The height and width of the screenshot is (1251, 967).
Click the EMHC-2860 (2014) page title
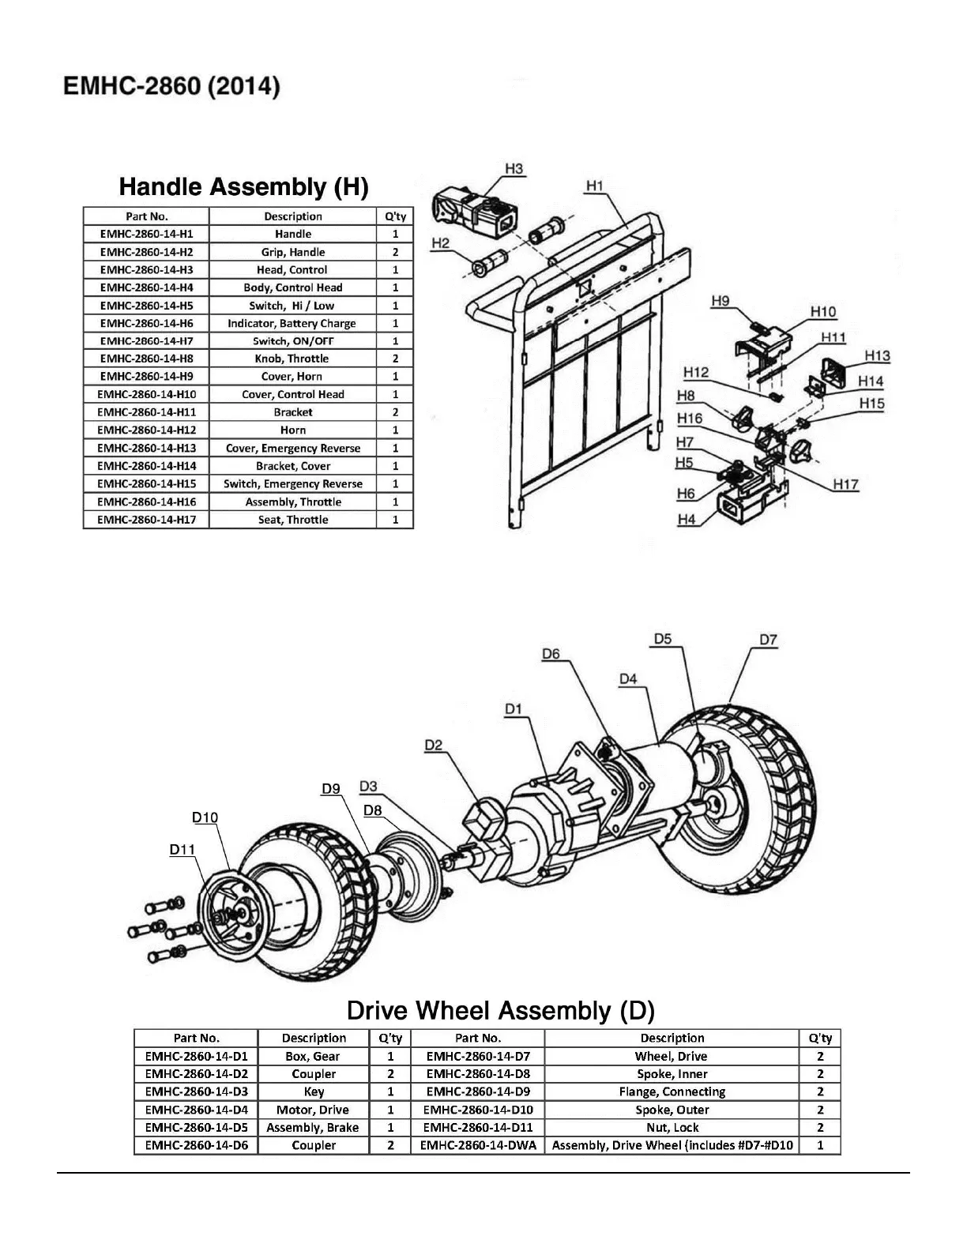click(171, 87)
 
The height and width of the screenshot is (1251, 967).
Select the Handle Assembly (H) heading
click(243, 187)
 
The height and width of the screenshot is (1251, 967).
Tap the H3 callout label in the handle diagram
click(514, 169)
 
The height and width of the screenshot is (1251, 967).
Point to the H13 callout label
click(877, 356)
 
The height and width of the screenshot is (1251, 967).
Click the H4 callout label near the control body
click(687, 520)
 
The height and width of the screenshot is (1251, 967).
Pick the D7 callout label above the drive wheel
click(768, 640)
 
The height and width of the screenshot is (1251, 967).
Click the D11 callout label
click(182, 850)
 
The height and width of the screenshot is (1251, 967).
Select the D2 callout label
click(434, 745)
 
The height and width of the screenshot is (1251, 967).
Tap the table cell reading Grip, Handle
click(293, 252)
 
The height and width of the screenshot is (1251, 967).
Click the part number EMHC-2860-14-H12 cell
click(146, 430)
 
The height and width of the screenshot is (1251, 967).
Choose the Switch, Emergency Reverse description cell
click(293, 484)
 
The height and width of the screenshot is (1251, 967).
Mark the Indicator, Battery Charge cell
click(292, 323)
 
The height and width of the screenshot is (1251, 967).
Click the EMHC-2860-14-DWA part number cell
click(478, 1145)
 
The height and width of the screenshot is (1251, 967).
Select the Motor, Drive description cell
click(313, 1110)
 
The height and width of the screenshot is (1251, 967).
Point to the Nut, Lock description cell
click(672, 1128)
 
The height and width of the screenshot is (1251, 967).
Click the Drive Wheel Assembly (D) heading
click(501, 1011)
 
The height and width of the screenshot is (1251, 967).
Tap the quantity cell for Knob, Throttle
click(395, 359)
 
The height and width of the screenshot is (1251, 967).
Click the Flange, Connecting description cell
click(672, 1091)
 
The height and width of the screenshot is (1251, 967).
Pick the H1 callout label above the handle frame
click(595, 186)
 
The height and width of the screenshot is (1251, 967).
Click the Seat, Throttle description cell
click(293, 520)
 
